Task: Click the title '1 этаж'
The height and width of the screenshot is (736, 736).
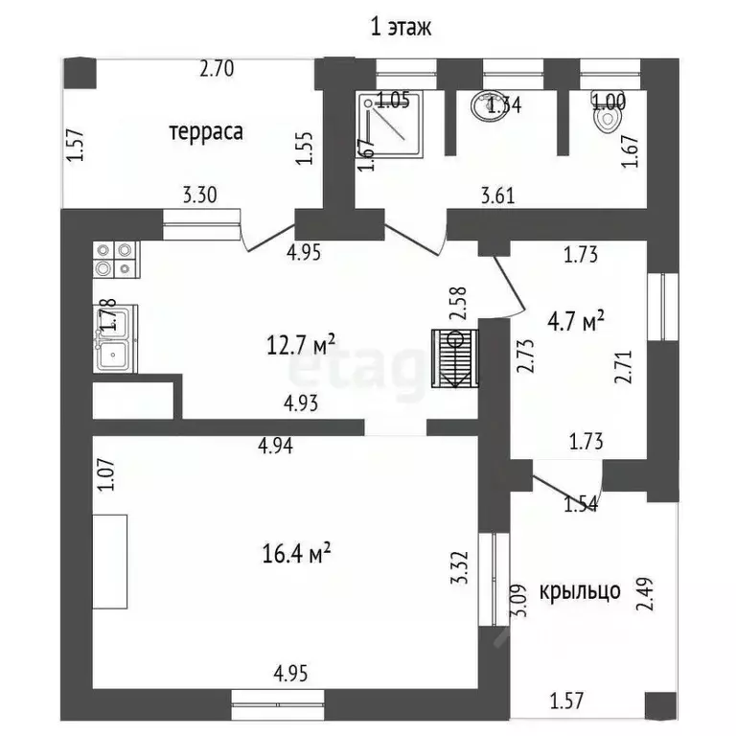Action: (x=402, y=26)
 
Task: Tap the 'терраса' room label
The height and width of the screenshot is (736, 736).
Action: (x=206, y=131)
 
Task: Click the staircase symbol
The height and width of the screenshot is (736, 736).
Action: (x=455, y=358)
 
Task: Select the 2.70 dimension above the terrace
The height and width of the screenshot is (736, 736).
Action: (x=218, y=69)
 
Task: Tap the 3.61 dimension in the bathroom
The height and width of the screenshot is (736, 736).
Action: (x=498, y=197)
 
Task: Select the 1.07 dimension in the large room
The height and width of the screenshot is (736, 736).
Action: (x=105, y=476)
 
